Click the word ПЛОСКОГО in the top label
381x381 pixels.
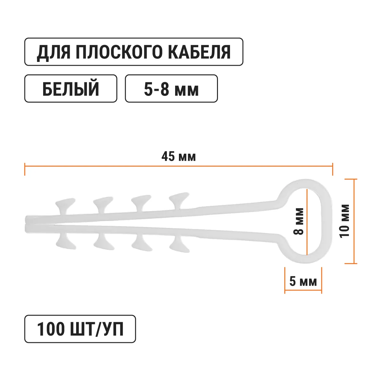(x=118, y=52)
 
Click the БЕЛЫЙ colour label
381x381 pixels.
(x=71, y=89)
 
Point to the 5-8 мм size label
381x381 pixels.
(x=171, y=89)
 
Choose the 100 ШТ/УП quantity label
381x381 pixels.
(x=80, y=329)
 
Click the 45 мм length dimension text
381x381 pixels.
(x=179, y=157)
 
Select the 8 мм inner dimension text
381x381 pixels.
(x=298, y=221)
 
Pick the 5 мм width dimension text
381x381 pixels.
(x=303, y=281)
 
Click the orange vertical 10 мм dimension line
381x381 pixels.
(x=354, y=221)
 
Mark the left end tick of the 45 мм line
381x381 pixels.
(x=25, y=169)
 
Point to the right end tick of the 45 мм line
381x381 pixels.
(x=332, y=169)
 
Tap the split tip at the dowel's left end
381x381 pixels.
(x=28, y=224)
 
